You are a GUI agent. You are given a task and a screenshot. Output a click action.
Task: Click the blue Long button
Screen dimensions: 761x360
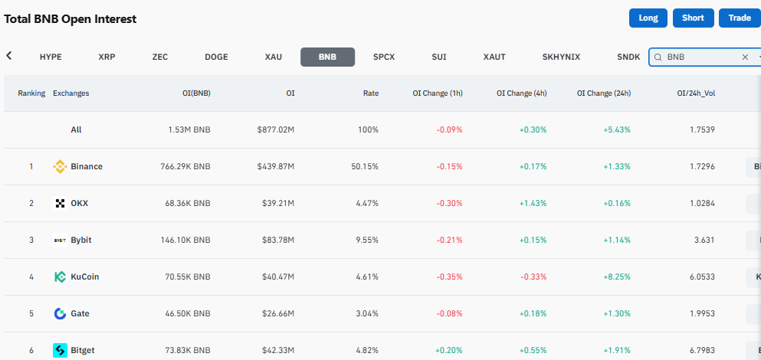tap(648, 18)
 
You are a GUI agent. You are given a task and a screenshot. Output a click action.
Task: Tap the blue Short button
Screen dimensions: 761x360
tap(693, 18)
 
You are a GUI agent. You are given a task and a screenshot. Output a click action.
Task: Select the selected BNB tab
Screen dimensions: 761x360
tap(327, 57)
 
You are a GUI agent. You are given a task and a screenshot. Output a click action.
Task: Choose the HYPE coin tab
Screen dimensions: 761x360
tap(51, 57)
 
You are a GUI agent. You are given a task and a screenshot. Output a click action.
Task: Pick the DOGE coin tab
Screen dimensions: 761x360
tap(216, 57)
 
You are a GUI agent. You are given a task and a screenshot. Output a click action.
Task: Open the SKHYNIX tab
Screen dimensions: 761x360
tap(561, 57)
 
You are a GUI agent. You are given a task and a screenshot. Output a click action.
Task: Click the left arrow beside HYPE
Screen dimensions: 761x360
tap(8, 56)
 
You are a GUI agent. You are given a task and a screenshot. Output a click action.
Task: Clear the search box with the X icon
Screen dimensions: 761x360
tap(745, 57)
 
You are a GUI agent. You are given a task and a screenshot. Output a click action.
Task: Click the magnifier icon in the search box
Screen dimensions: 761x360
tap(658, 57)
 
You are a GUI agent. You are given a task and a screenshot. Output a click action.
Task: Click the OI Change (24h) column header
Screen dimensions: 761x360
tap(604, 93)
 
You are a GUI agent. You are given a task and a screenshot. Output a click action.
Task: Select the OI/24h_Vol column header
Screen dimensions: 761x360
tap(696, 93)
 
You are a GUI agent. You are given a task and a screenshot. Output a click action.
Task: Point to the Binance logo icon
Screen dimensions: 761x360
tap(60, 166)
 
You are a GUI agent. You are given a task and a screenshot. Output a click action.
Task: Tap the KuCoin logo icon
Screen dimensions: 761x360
tap(60, 277)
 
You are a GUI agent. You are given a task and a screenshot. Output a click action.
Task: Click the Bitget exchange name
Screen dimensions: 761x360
tap(83, 350)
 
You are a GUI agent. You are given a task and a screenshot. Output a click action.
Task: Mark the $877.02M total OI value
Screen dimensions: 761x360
tap(276, 130)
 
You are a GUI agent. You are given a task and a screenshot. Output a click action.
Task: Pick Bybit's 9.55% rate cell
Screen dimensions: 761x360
tap(367, 241)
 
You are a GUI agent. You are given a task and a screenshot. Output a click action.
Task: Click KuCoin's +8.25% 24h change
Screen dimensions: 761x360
tap(617, 277)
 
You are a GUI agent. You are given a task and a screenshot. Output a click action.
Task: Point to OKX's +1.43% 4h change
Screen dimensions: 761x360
tap(533, 203)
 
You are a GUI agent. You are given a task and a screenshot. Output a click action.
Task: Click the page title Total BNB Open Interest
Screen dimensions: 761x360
tap(71, 19)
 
